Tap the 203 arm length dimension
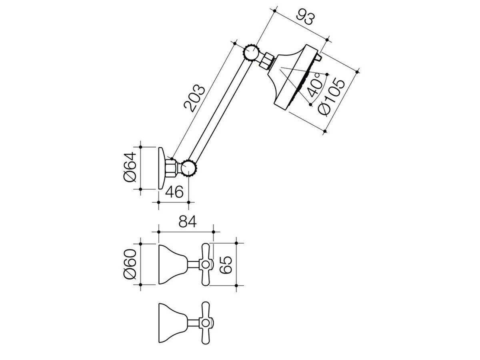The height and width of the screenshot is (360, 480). point(194,98)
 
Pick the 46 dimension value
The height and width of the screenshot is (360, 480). point(174,192)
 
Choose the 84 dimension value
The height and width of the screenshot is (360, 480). point(188,222)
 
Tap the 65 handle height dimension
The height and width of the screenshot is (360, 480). point(226,265)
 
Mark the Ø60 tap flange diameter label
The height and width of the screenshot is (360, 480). point(130,264)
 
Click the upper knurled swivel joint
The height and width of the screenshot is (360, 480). point(251,53)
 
